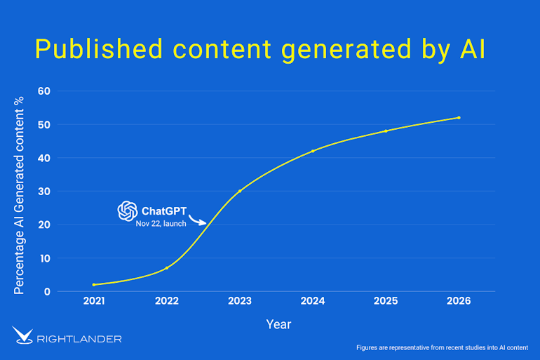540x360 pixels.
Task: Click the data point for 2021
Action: tap(94, 285)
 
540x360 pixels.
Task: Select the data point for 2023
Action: tap(240, 191)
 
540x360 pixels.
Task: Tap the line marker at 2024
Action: tap(313, 151)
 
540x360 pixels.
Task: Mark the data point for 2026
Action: tap(459, 117)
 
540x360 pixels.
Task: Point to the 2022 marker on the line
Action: tap(167, 268)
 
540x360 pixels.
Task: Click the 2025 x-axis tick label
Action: tap(386, 301)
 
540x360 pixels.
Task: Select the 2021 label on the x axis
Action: tap(94, 301)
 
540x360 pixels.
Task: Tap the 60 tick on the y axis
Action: tap(44, 91)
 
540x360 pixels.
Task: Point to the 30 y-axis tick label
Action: tap(44, 192)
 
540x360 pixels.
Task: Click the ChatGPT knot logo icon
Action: tap(127, 211)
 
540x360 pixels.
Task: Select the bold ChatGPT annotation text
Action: tap(163, 211)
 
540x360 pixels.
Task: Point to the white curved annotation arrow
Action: tap(198, 220)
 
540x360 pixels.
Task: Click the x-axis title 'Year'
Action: tap(278, 324)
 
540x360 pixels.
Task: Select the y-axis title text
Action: tap(19, 196)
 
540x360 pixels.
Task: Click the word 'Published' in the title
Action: tap(92, 49)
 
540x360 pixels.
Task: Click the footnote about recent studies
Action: tap(443, 347)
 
